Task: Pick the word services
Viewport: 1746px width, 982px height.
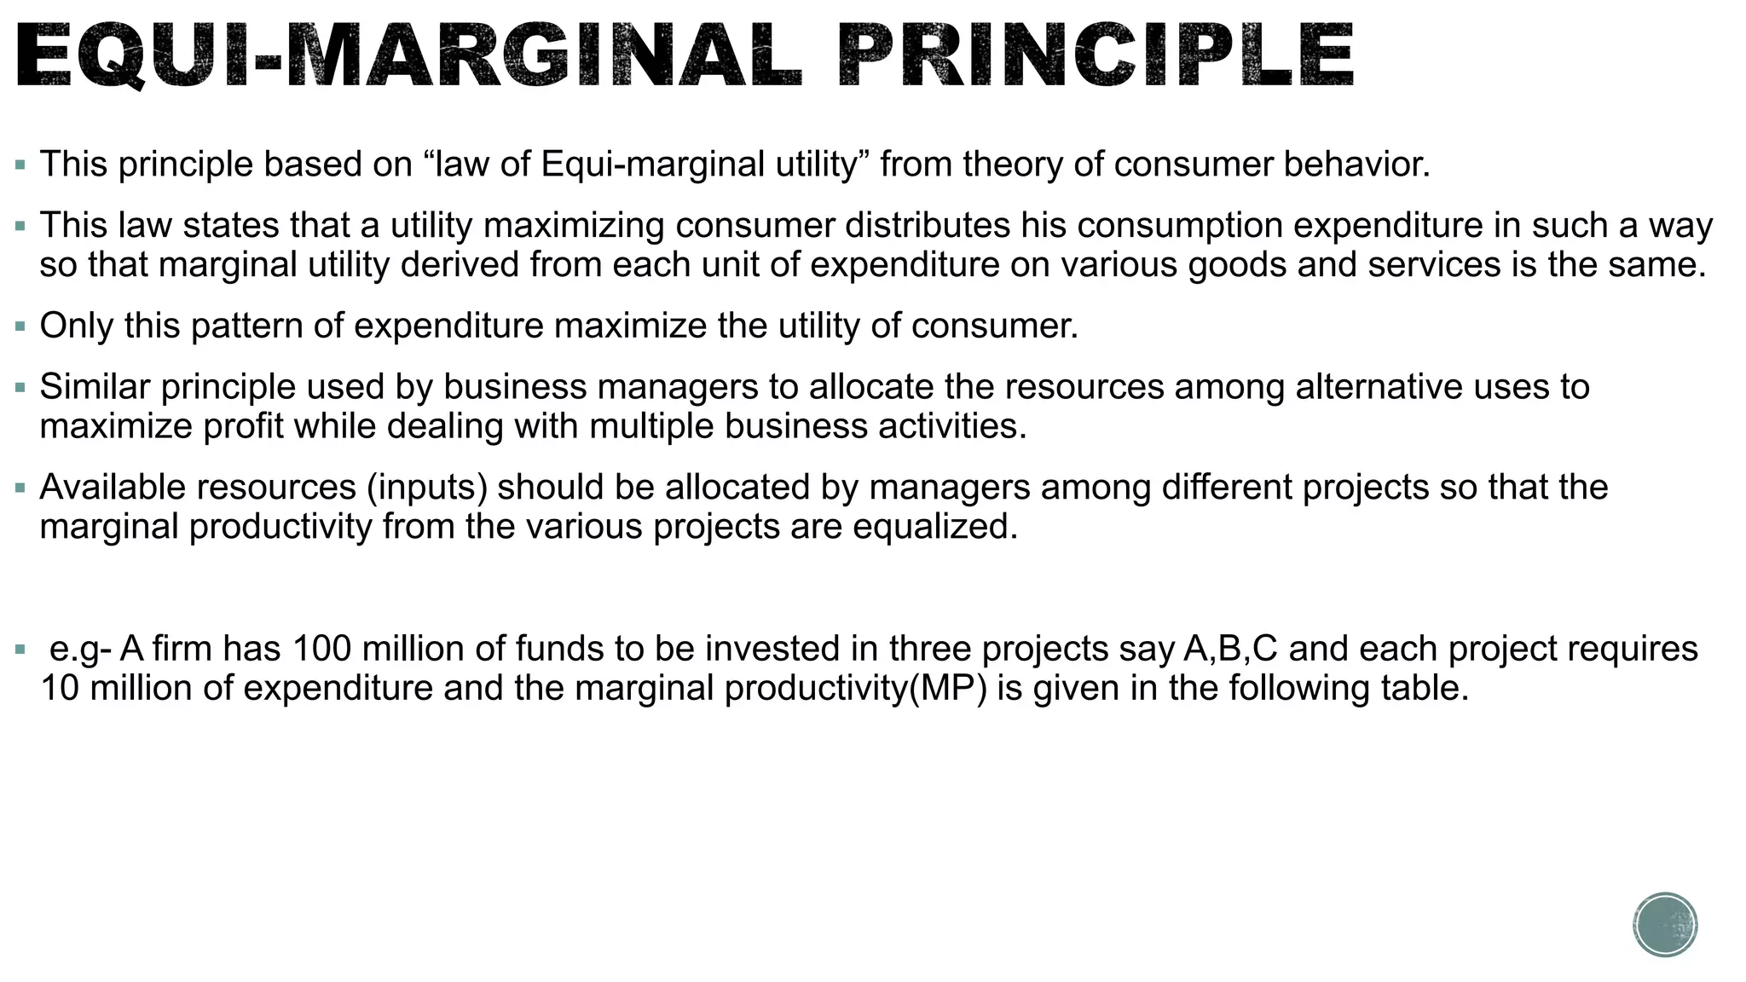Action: [1434, 265]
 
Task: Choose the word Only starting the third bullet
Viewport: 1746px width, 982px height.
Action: [76, 326]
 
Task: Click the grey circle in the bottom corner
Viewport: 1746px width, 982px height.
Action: [1665, 925]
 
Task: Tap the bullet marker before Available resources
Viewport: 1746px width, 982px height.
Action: [20, 488]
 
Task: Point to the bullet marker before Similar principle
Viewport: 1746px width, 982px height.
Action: [20, 388]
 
